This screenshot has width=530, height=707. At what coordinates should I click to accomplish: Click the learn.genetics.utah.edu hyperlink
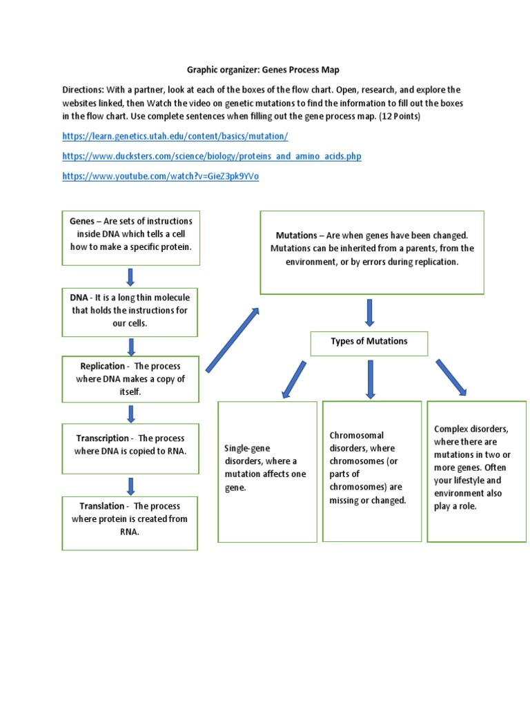175,137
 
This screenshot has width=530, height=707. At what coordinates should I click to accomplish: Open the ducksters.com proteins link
211,157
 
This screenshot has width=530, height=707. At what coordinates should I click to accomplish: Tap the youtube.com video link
160,177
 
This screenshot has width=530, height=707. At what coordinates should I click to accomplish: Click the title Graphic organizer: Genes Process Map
264,70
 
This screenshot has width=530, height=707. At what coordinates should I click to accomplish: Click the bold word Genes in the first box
83,222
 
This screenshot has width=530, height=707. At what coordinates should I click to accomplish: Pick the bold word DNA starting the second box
78,298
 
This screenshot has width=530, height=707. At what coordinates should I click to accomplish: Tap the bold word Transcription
102,438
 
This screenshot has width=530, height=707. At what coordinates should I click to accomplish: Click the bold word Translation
101,506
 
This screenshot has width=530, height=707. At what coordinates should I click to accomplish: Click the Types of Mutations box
369,342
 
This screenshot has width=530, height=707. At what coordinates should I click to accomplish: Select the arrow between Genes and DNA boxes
130,277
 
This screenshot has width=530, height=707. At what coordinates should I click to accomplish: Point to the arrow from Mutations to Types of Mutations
370,313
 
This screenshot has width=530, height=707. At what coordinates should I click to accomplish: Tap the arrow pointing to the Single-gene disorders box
293,379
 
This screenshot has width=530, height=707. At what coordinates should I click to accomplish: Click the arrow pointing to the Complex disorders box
451,378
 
